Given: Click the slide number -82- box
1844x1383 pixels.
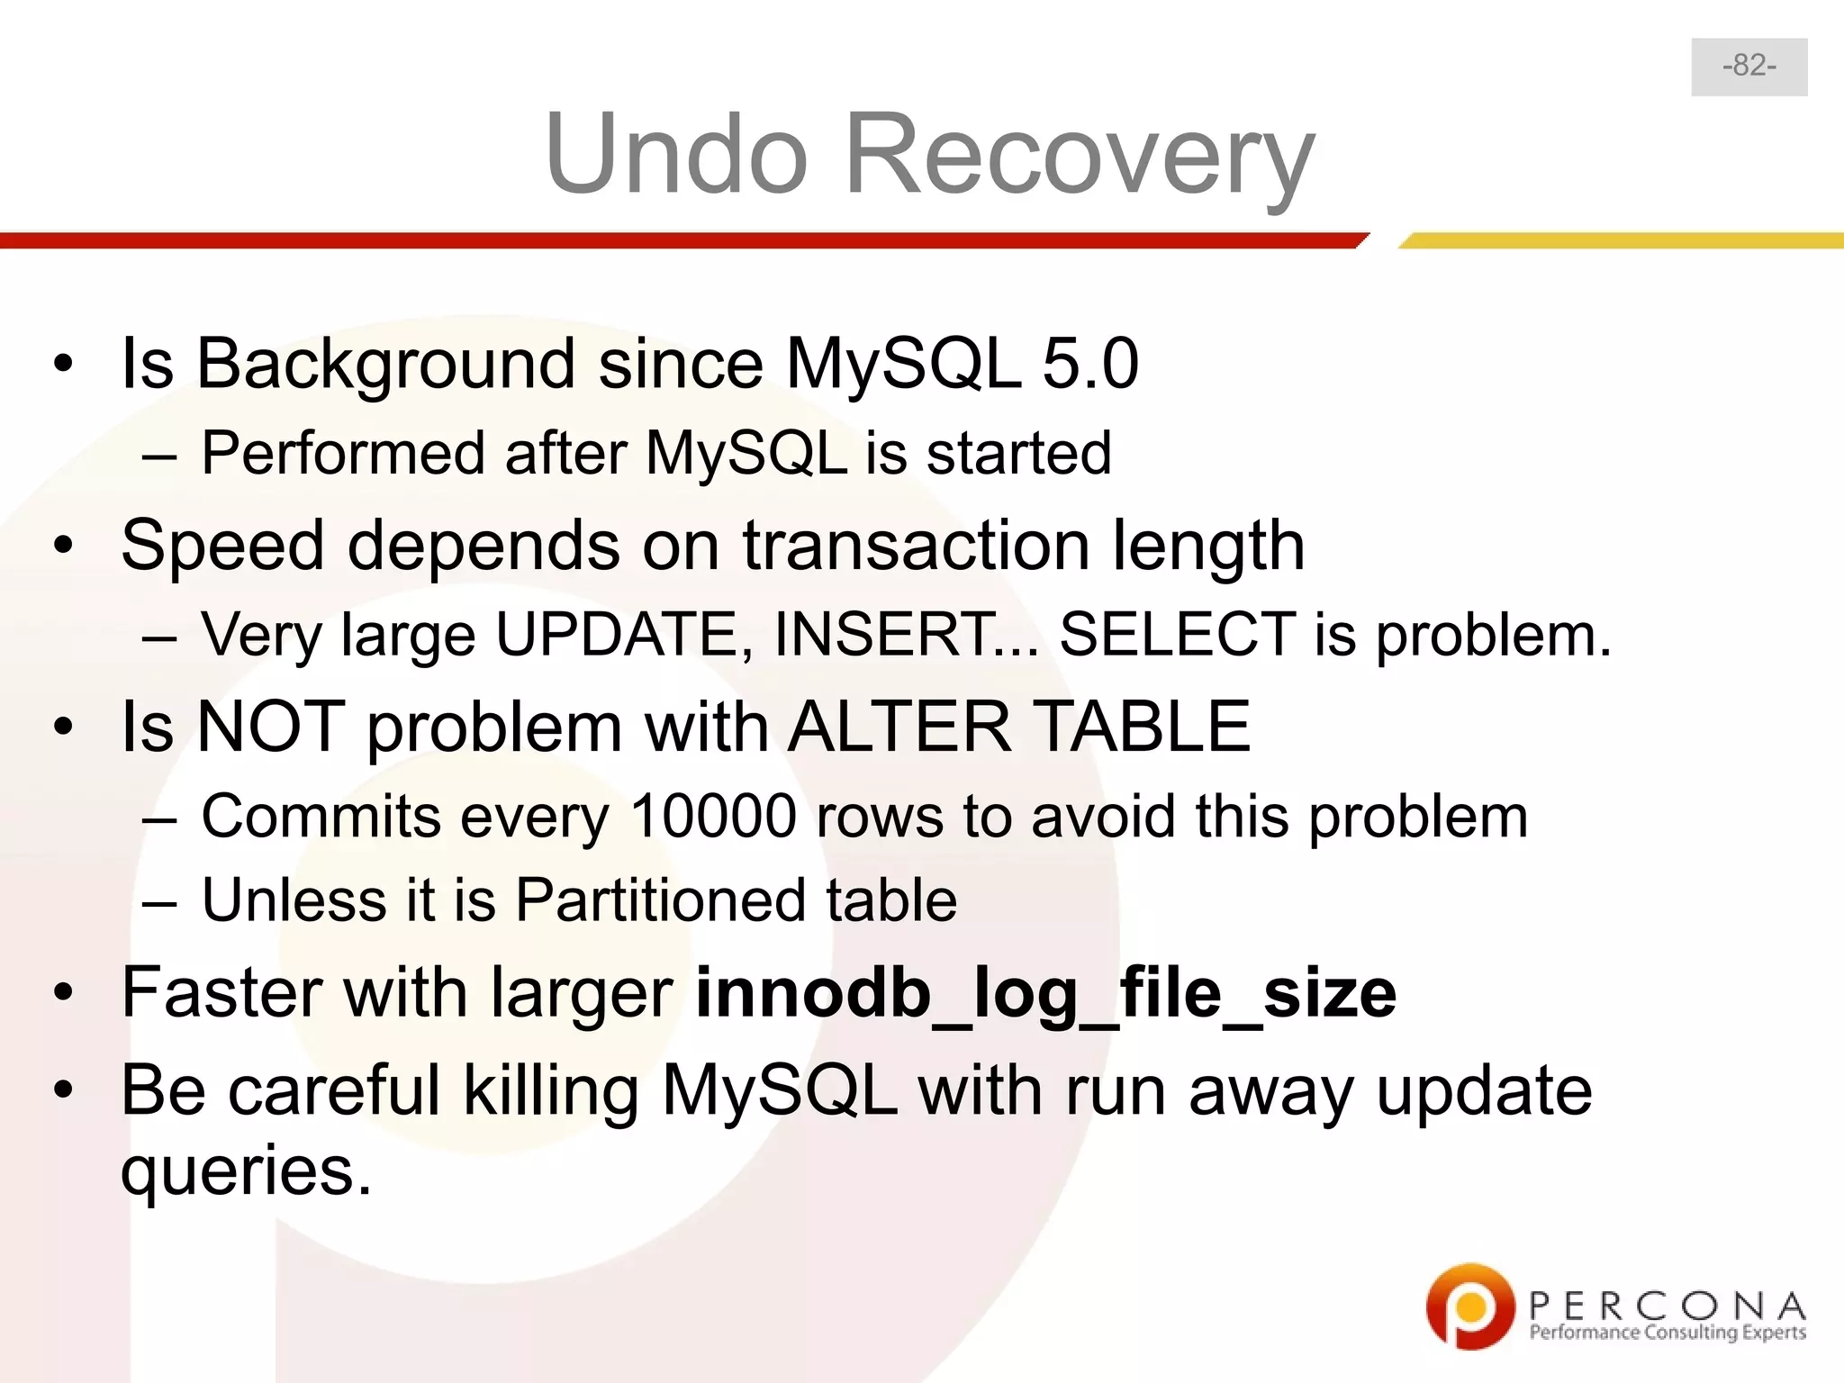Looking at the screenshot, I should [x=1749, y=67].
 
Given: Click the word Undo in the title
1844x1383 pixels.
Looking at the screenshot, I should [x=675, y=155].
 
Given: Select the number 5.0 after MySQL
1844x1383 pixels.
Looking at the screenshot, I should [x=1089, y=364].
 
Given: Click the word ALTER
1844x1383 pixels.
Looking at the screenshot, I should [x=899, y=728].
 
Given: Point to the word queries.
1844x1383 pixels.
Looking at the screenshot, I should [x=246, y=1171].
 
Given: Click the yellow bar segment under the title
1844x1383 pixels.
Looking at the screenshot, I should [x=1621, y=240].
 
